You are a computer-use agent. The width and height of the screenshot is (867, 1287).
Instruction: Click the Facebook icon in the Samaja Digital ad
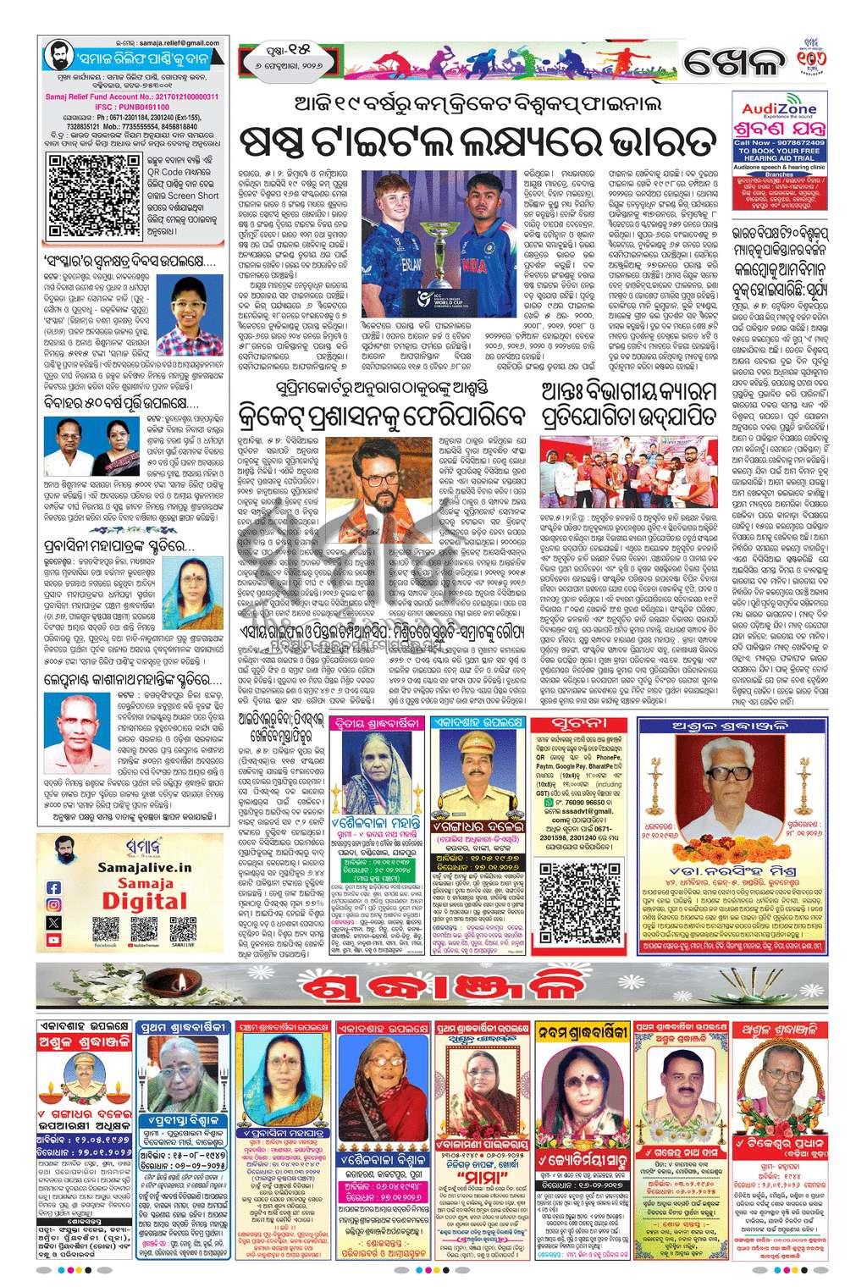coord(55,888)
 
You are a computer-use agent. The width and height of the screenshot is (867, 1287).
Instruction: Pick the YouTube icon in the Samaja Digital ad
coord(55,940)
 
